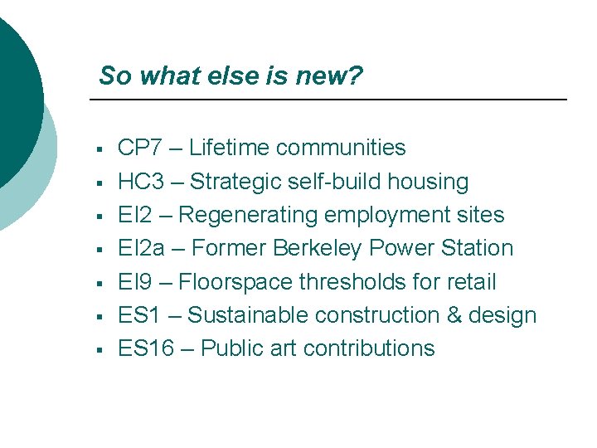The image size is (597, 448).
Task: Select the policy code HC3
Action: tap(142, 182)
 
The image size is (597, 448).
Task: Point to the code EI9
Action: tap(134, 282)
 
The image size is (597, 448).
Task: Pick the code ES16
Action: tap(146, 348)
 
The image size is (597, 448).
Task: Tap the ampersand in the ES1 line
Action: tap(448, 315)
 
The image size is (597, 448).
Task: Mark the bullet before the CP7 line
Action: tap(99, 150)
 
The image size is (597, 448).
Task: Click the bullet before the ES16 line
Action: tap(99, 350)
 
